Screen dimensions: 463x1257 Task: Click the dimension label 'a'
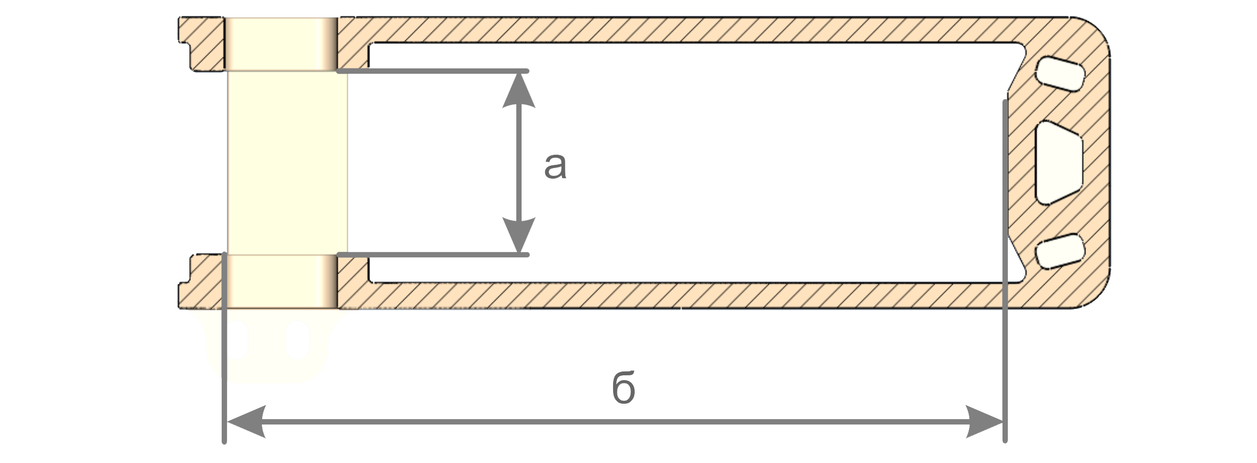(555, 166)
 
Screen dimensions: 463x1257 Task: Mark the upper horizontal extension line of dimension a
(434, 72)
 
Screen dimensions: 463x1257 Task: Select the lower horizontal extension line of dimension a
(434, 255)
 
